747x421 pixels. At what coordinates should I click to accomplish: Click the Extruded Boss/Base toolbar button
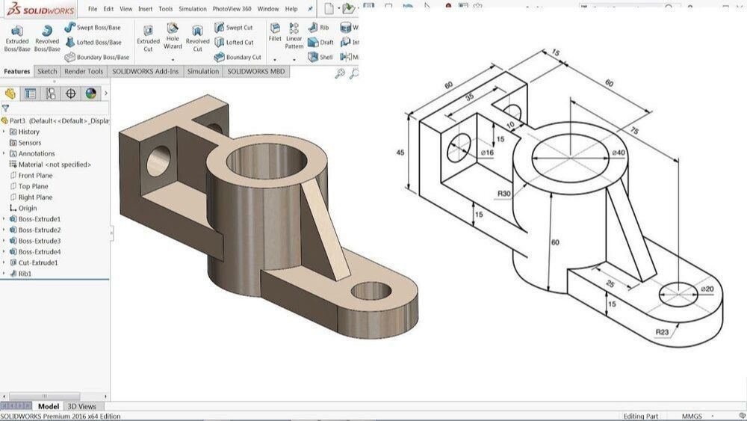point(16,37)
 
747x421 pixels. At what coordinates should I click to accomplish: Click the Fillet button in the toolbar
point(275,33)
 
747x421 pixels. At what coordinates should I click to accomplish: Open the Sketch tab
point(47,72)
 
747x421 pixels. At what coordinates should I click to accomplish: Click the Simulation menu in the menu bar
point(193,9)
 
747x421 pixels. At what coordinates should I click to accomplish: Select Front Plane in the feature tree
point(35,176)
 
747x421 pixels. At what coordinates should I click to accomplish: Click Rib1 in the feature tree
point(25,274)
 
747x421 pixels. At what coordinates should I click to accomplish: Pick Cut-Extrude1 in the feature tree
point(37,263)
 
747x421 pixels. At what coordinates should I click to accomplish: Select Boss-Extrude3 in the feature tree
point(39,241)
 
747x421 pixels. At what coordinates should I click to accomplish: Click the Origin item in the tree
point(27,209)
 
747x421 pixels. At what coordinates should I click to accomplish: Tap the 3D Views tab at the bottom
point(81,407)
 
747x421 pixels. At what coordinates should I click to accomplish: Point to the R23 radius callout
point(662,332)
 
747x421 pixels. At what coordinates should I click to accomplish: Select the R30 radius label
point(505,193)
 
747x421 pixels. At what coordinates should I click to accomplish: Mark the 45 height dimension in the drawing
point(400,153)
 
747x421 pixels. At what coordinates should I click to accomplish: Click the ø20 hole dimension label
point(707,289)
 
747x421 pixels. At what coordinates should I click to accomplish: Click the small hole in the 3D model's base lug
point(371,291)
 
